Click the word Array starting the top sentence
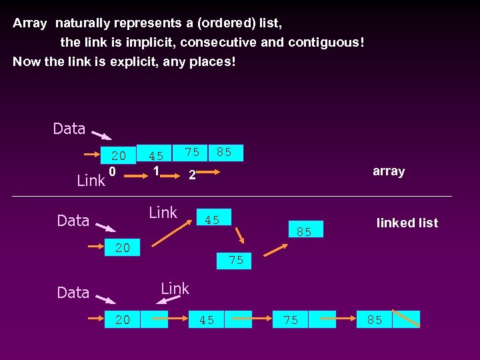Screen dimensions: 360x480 [x=30, y=23]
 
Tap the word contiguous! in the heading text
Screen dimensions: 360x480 [x=326, y=43]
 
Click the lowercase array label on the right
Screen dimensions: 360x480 [x=389, y=171]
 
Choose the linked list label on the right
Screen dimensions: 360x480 [x=407, y=223]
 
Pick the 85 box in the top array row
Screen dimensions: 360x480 [x=224, y=153]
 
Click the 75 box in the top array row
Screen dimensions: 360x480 [x=191, y=153]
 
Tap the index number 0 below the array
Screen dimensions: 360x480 [x=113, y=172]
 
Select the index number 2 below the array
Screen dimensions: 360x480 [x=191, y=175]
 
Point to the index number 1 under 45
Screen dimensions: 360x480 [x=156, y=171]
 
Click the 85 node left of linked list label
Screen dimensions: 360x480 [x=305, y=231]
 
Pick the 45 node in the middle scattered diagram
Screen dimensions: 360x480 [x=213, y=219]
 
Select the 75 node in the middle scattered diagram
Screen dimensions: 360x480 [x=236, y=260]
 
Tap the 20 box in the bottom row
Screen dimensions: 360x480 [x=123, y=320]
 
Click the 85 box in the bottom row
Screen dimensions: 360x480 [x=375, y=320]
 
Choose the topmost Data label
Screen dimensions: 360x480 [x=69, y=129]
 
